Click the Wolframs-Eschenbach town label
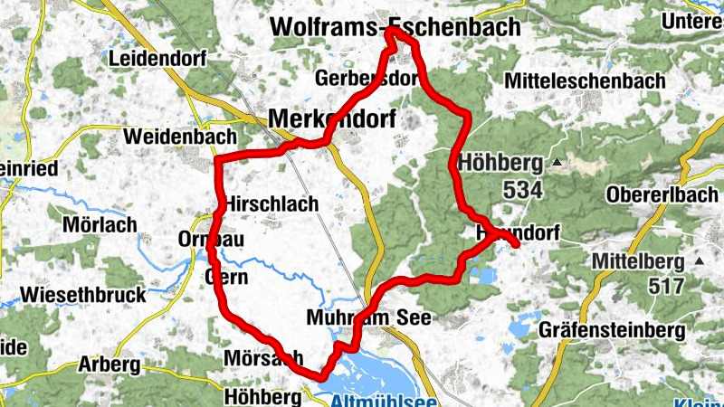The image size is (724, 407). coord(395,28)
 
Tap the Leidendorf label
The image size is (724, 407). coord(157,59)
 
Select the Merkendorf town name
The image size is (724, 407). coord(332,118)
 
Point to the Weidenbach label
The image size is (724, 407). coord(171,137)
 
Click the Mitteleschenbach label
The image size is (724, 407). coord(586,80)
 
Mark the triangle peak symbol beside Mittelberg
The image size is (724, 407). coord(700,261)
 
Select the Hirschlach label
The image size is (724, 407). coord(273,203)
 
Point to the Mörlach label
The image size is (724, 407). coord(100,223)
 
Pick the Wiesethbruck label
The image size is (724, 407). coord(83,295)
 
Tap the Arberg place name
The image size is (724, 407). coord(109,365)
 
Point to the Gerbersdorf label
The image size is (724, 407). coord(367,79)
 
